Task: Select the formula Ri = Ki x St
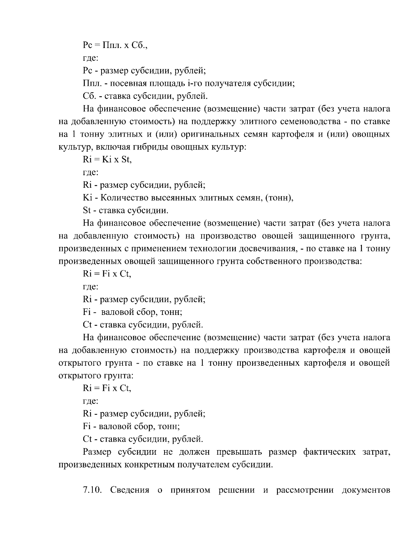(107, 160)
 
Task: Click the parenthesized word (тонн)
(279, 198)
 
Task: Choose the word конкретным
(150, 465)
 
